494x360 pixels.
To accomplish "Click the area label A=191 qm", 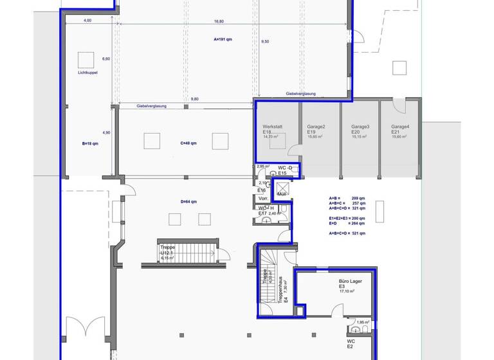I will pyautogui.click(x=223, y=39).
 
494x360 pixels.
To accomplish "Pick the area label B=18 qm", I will pyautogui.click(x=90, y=143).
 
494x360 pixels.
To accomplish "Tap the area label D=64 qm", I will pyautogui.click(x=188, y=202).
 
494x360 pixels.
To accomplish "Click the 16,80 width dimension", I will pyautogui.click(x=219, y=21).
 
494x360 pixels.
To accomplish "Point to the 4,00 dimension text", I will pyautogui.click(x=87, y=21).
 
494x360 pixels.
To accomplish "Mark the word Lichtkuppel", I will pyautogui.click(x=86, y=73).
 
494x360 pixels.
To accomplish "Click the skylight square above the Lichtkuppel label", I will pyautogui.click(x=86, y=60).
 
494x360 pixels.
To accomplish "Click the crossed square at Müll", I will pyautogui.click(x=282, y=188).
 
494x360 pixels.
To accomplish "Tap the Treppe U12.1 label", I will pyautogui.click(x=167, y=249).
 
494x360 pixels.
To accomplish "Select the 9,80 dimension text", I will pyautogui.click(x=194, y=98).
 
